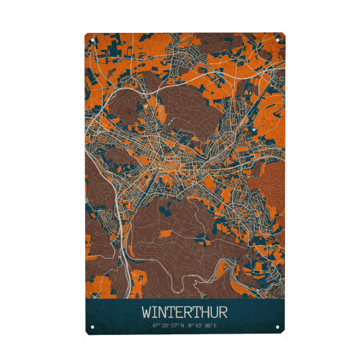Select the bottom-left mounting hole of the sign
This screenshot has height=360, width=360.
[93, 328]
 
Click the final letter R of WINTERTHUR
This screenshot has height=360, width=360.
[221, 313]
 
